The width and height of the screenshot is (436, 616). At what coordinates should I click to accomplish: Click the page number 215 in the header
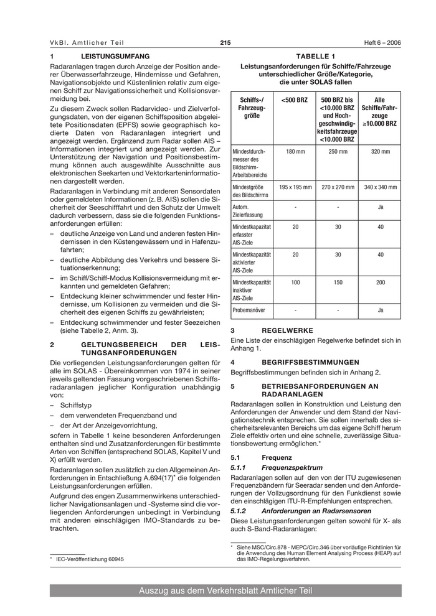225,42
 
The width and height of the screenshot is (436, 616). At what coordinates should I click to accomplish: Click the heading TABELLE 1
315,57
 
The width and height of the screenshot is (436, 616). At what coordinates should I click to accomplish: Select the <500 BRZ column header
294,100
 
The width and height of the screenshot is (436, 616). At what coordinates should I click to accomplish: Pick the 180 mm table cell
294,151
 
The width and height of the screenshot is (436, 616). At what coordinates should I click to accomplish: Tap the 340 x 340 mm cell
380,187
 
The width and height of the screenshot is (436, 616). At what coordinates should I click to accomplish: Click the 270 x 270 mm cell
337,187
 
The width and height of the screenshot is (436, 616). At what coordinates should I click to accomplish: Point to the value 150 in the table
337,282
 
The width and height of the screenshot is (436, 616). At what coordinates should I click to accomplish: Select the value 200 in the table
380,282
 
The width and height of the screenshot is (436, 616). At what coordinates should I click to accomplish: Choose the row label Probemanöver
250,310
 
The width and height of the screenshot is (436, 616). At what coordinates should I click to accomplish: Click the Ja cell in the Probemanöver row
380,310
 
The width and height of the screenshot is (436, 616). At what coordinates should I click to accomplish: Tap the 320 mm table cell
380,151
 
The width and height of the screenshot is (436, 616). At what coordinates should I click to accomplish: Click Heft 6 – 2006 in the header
382,42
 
